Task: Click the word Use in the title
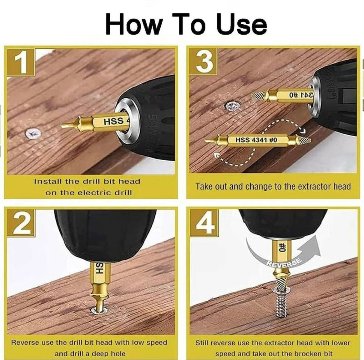pos(241,25)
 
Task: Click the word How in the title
pos(133,25)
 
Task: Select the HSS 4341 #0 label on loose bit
pos(256,140)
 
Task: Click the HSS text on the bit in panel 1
pos(113,121)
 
